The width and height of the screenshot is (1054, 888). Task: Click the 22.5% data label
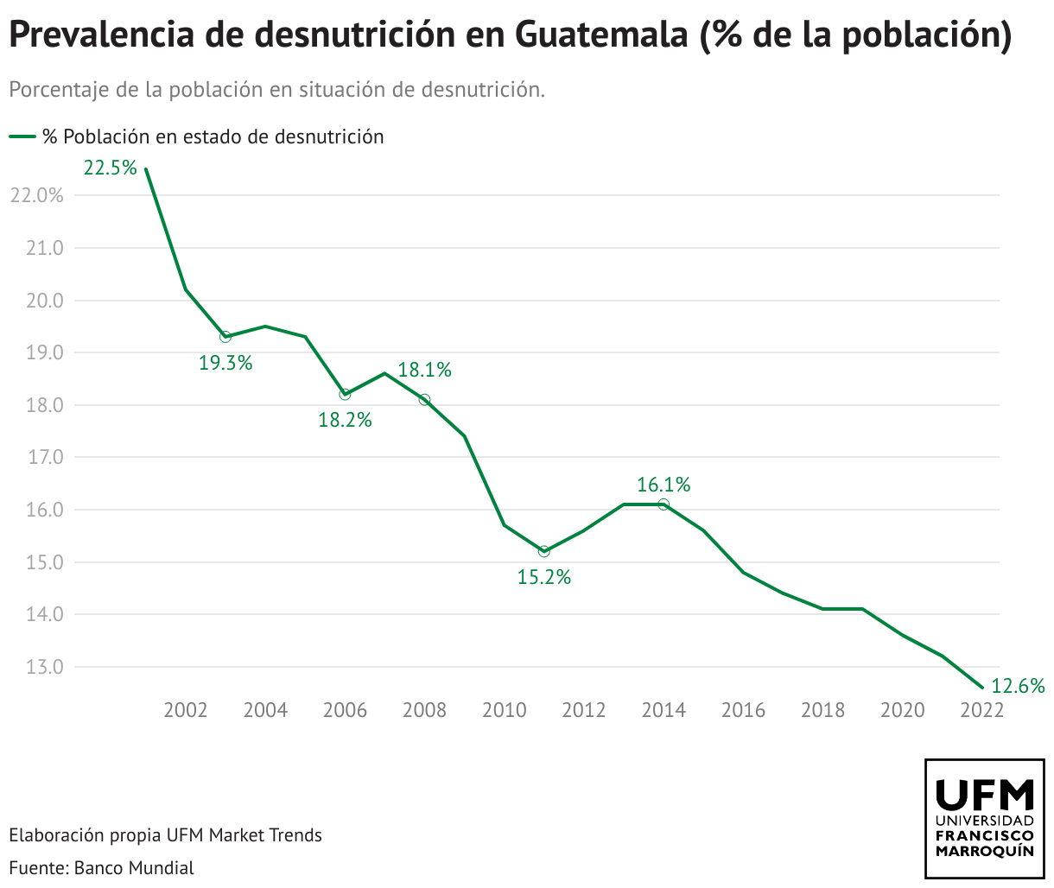point(111,168)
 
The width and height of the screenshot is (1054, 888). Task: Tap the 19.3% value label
point(225,363)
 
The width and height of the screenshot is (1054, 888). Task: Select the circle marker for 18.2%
point(345,394)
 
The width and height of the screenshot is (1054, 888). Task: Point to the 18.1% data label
point(425,370)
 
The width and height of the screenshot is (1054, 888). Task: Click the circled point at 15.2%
point(543,551)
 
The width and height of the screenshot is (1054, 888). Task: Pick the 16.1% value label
point(664,485)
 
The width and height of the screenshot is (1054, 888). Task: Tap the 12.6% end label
point(1018,686)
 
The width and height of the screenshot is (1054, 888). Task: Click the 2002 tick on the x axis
point(186,710)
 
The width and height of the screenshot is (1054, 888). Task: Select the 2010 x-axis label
point(504,710)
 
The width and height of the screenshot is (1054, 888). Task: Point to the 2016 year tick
point(743,710)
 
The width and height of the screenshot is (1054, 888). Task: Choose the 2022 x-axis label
point(981,710)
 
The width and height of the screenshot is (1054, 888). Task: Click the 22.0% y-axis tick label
point(37,196)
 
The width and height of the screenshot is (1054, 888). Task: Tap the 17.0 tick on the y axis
point(46,457)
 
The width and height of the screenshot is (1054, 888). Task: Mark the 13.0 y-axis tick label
point(46,667)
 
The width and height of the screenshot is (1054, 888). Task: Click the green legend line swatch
point(22,136)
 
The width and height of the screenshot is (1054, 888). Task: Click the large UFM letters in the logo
point(985,792)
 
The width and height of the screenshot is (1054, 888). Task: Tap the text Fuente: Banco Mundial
point(102,867)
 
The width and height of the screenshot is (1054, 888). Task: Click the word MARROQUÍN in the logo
point(985,851)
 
